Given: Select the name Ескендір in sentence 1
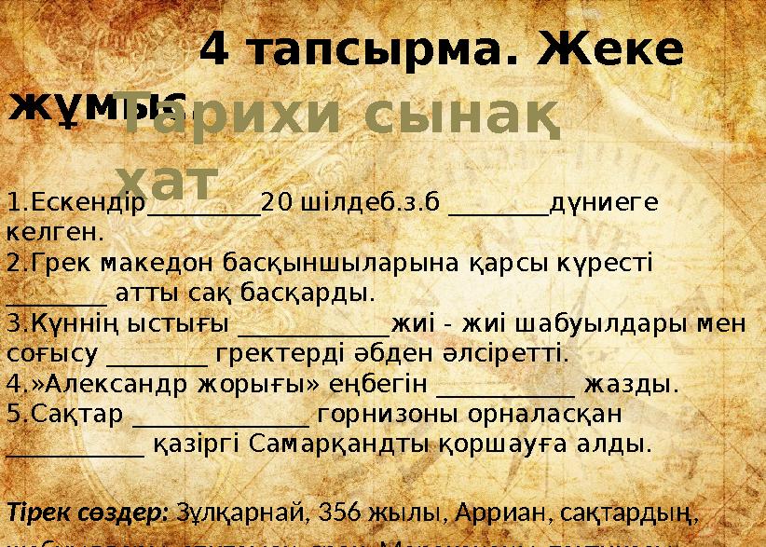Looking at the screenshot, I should [x=77, y=202].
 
